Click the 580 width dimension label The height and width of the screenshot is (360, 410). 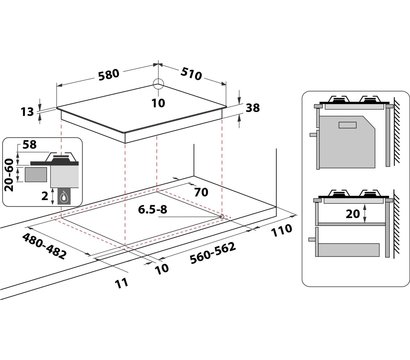[x=109, y=74]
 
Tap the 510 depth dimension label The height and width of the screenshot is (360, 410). [x=191, y=74]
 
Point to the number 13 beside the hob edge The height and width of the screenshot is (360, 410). [x=27, y=112]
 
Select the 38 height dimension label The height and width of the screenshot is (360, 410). [x=252, y=108]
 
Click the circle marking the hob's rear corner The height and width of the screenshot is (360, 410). [x=159, y=83]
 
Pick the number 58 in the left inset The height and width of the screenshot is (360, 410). [x=29, y=145]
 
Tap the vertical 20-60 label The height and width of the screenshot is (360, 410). [x=9, y=175]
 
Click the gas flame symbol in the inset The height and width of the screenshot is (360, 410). [x=64, y=197]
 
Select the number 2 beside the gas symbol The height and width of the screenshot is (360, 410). [x=45, y=196]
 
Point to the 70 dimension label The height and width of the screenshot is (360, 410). [x=201, y=192]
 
